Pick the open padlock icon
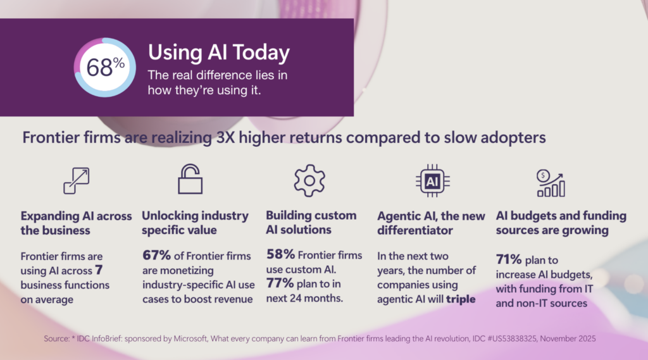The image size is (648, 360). [190, 179]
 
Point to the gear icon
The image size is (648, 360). [309, 180]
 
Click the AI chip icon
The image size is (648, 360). [433, 181]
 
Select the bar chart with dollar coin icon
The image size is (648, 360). [551, 183]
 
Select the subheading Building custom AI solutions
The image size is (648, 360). [311, 223]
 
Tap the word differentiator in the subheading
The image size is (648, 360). [415, 230]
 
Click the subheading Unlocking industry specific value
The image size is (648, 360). [195, 223]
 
